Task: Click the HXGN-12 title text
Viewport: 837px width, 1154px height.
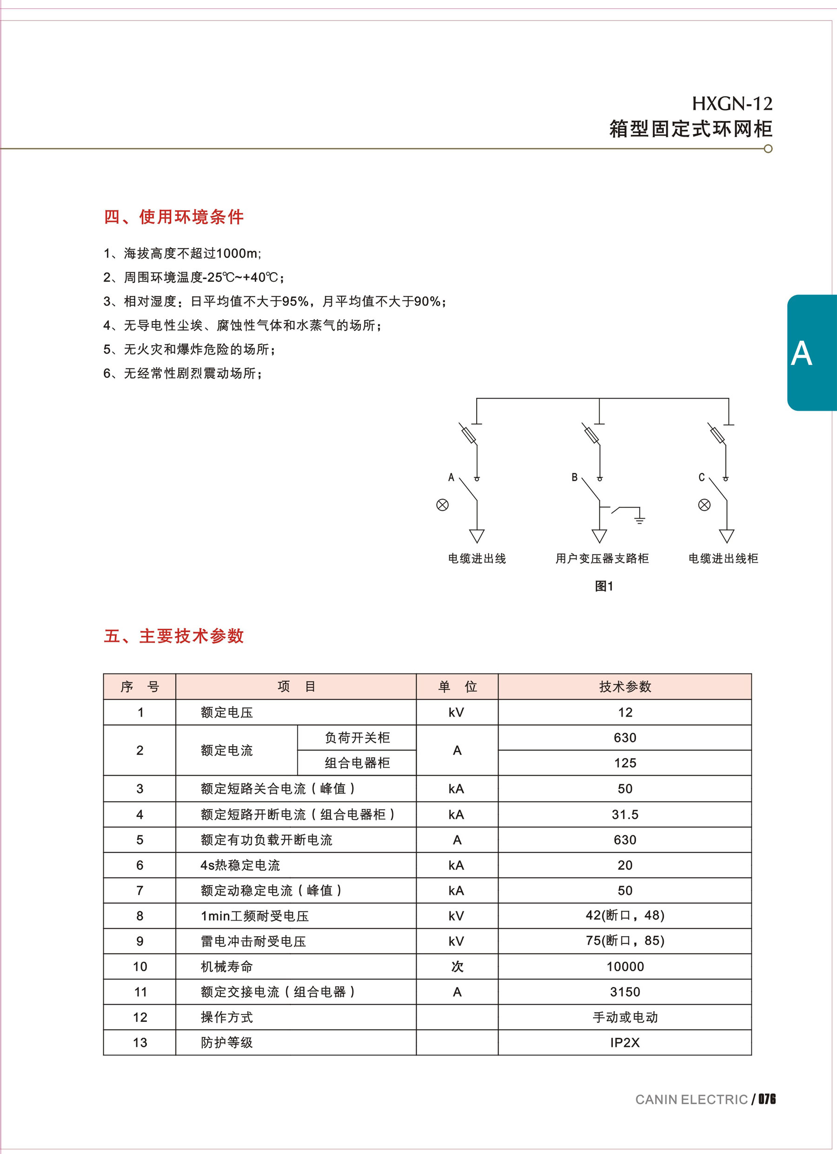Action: (731, 104)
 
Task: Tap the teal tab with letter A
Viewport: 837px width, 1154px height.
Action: (811, 353)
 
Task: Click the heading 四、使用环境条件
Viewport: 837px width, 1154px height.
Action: (173, 217)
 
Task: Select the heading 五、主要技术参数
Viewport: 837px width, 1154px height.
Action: (173, 636)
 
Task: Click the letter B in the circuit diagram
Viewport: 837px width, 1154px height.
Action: (574, 477)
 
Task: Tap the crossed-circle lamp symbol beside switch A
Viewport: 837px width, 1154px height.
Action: (442, 505)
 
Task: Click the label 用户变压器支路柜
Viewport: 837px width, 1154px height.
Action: (602, 559)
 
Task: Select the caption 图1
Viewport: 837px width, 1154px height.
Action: (604, 586)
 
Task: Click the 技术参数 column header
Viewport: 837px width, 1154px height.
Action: (625, 687)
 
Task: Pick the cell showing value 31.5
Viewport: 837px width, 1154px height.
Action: (625, 814)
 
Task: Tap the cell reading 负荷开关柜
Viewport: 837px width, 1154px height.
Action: (357, 738)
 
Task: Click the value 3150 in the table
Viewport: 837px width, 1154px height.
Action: (625, 992)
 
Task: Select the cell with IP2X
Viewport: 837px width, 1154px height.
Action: (625, 1042)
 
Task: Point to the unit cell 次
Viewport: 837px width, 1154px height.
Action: (457, 967)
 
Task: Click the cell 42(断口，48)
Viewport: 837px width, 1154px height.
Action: (625, 915)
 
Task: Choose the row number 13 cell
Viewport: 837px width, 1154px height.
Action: (140, 1042)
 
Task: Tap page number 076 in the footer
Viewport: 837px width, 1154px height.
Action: (767, 1099)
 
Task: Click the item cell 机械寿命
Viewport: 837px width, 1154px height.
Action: (227, 967)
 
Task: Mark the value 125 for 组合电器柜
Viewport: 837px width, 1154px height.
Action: (625, 763)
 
